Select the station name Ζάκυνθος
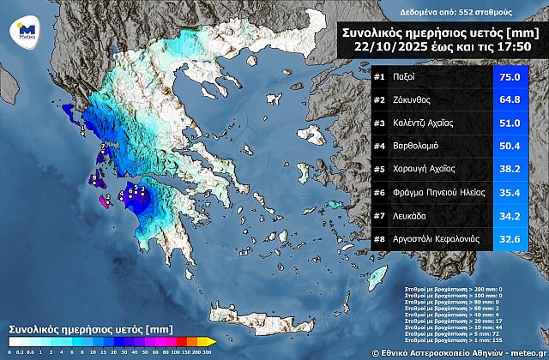point(416,100)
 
